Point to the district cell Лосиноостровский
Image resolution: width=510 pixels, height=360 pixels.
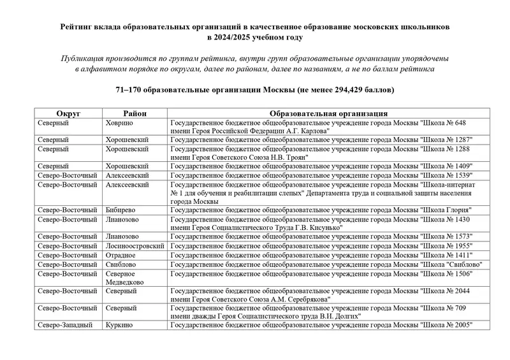(x=134, y=245)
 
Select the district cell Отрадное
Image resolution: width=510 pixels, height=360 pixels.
(x=121, y=255)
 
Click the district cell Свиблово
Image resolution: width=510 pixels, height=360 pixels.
(x=121, y=264)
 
